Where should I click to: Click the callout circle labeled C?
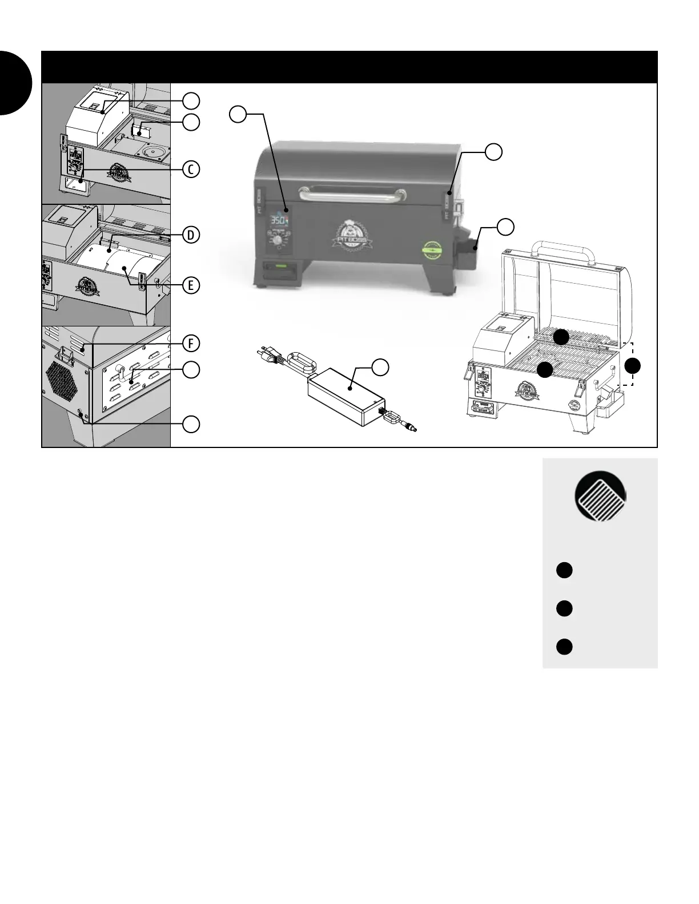(192, 169)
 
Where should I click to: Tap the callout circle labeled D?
(192, 235)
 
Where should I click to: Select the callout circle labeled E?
(192, 285)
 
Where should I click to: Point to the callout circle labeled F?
(192, 343)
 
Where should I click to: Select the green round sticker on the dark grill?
(432, 249)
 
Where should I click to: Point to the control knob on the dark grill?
(278, 241)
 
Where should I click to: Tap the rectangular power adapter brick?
(343, 398)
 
